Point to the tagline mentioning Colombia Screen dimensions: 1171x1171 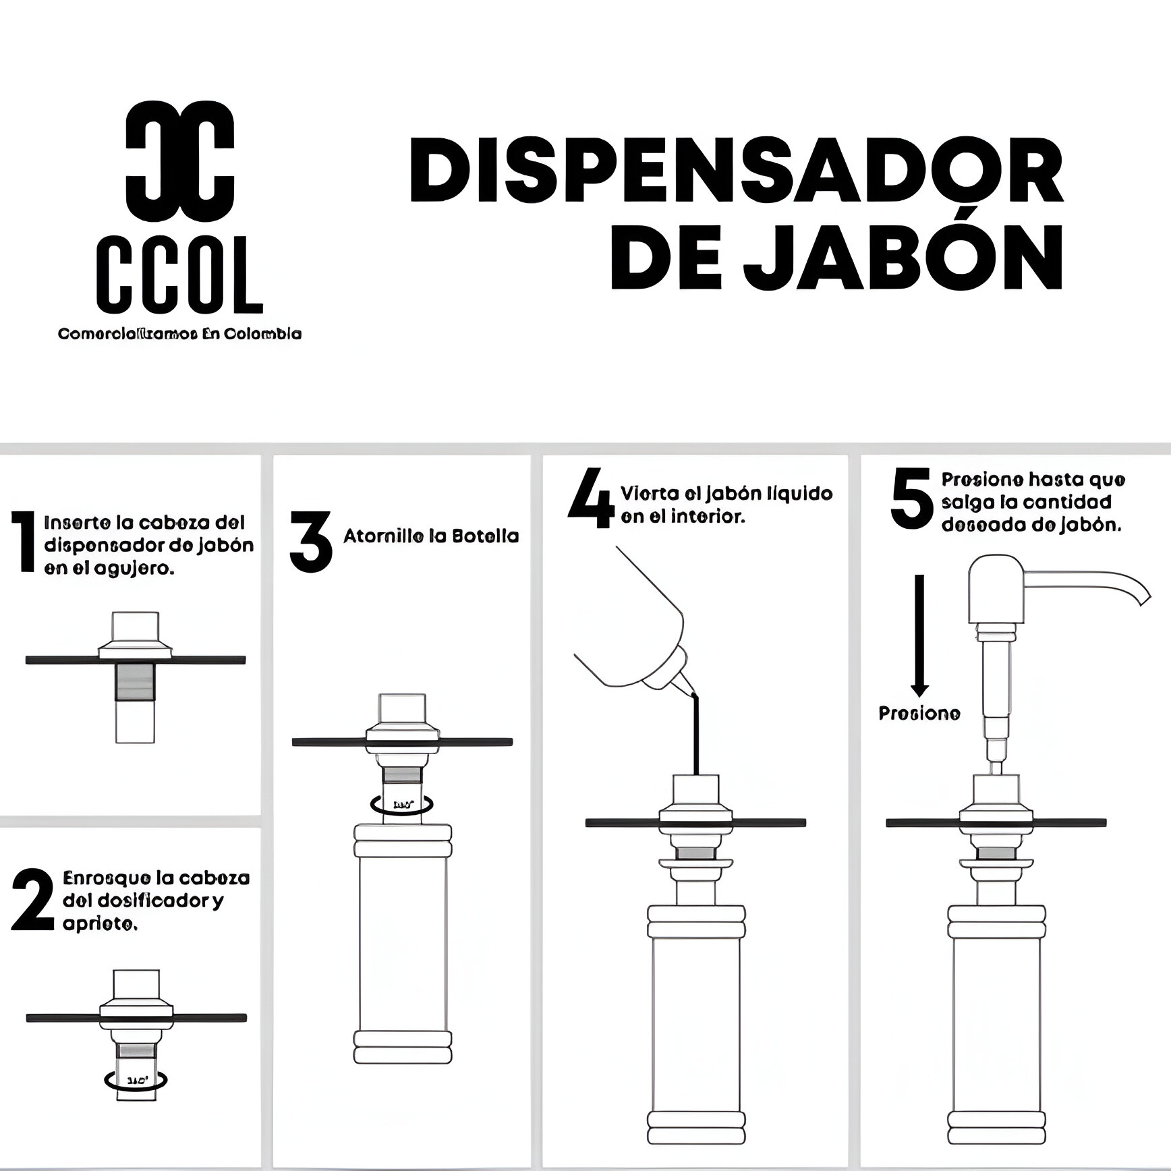tap(179, 334)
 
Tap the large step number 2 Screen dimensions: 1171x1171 tap(32, 900)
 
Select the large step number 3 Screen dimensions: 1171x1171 tap(311, 541)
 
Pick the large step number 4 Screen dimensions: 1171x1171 tap(592, 501)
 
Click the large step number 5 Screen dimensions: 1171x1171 tap(911, 500)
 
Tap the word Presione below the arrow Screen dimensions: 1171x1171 tap(919, 713)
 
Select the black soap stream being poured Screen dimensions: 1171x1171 tap(697, 735)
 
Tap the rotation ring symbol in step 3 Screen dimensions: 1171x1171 tap(402, 803)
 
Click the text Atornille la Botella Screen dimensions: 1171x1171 tap(431, 536)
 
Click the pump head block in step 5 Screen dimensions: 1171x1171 tap(996, 587)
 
